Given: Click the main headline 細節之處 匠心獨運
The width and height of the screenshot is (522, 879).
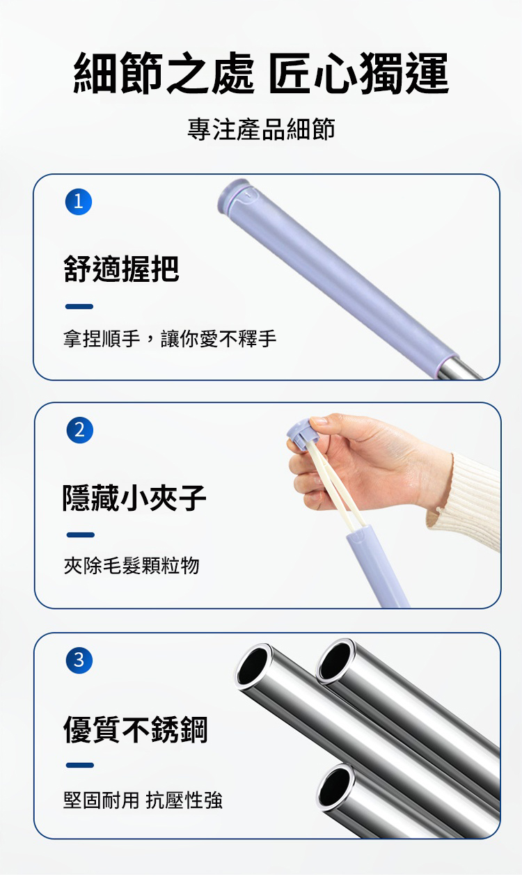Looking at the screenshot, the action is point(261,73).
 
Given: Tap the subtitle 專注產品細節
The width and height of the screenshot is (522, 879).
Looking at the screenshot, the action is point(261,129).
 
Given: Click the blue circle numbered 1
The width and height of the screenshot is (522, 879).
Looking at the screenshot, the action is point(79,202).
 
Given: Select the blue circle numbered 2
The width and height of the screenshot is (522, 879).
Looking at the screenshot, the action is point(79,430).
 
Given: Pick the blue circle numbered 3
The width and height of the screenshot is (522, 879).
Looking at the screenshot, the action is point(79,660).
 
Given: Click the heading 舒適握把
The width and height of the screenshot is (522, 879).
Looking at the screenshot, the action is point(121,269).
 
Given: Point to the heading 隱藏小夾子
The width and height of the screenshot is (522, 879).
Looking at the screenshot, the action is point(134,498).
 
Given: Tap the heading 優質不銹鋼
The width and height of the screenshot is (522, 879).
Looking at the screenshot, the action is point(136,729).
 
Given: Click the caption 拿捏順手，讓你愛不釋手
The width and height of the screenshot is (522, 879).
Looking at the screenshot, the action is point(170,338).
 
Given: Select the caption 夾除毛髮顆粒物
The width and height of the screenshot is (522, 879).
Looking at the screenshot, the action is point(132,565).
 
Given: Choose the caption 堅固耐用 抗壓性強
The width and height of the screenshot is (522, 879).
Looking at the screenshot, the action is point(143,800).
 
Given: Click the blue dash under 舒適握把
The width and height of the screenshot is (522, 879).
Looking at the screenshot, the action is point(79,306).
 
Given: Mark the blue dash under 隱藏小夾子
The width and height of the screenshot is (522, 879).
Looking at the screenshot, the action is point(81,535).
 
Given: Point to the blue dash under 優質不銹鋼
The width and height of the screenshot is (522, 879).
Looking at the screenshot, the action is point(80,765).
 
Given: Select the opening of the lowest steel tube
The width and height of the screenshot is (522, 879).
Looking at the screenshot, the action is point(335,787).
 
